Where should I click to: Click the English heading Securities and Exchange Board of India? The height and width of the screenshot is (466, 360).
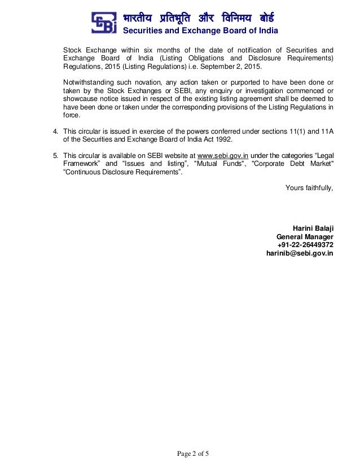pyautogui.click(x=200, y=30)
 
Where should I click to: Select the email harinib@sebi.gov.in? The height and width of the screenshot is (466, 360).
pyautogui.click(x=300, y=253)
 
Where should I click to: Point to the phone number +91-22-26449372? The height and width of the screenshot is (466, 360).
pyautogui.click(x=305, y=245)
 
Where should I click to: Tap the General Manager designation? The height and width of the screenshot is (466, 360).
pyautogui.click(x=305, y=236)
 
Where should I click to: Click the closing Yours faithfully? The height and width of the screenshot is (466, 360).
pyautogui.click(x=309, y=187)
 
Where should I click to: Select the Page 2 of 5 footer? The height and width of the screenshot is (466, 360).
pyautogui.click(x=193, y=453)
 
